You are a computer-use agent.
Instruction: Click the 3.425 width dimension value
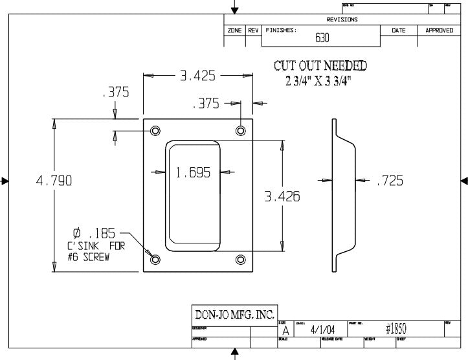point(197,76)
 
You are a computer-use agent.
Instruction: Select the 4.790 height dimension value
point(53,181)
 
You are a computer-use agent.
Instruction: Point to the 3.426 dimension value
point(282,196)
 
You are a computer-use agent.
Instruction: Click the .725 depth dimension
point(390,181)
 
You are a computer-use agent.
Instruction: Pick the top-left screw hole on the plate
point(155,131)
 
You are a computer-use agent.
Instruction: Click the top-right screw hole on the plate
point(241,131)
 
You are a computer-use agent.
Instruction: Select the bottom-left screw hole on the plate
point(155,260)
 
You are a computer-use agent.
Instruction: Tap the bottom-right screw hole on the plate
point(241,260)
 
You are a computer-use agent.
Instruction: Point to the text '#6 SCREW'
point(89,256)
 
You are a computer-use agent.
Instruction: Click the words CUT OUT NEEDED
point(320,66)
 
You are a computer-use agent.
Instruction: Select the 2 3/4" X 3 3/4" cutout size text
point(319,82)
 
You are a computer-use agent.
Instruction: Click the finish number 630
point(322,38)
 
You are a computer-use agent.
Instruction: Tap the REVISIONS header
point(342,19)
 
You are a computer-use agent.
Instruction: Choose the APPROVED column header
point(439,30)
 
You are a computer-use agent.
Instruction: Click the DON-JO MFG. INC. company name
point(235,315)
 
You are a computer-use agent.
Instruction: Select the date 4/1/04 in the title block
point(322,330)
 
